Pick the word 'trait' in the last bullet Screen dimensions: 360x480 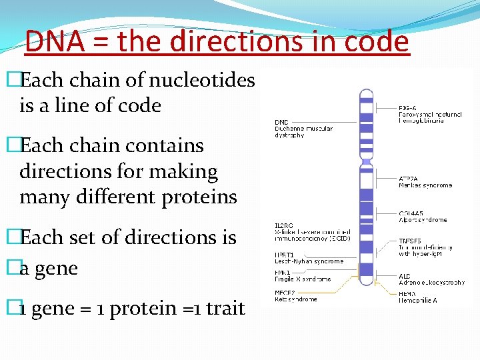tap(226, 309)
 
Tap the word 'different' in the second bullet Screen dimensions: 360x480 tap(107, 197)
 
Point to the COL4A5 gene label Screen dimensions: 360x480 tap(411, 213)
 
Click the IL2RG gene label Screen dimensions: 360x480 tap(284, 225)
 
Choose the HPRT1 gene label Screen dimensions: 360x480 tap(284, 255)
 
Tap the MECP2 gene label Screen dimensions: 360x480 tap(285, 291)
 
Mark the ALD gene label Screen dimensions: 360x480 tap(404, 276)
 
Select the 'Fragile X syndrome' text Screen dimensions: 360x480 tap(303, 279)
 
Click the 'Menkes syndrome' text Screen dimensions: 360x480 tap(425, 185)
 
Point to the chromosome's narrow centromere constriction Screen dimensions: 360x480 tap(365, 161)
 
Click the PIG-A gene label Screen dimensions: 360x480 tap(408, 107)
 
